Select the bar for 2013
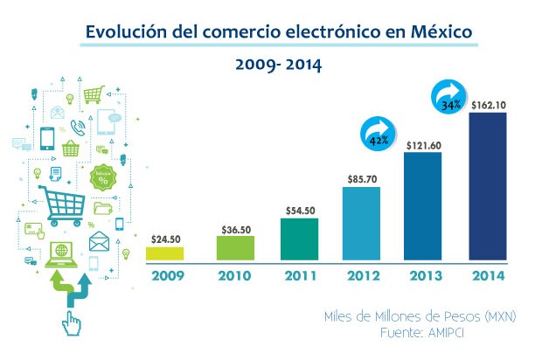[x=422, y=207]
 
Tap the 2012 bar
[x=360, y=224]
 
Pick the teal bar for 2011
[x=299, y=239]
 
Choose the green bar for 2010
[x=235, y=247]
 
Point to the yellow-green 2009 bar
[x=164, y=253]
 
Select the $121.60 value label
[x=424, y=145]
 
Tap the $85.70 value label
[x=361, y=177]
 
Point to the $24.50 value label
[x=165, y=239]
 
